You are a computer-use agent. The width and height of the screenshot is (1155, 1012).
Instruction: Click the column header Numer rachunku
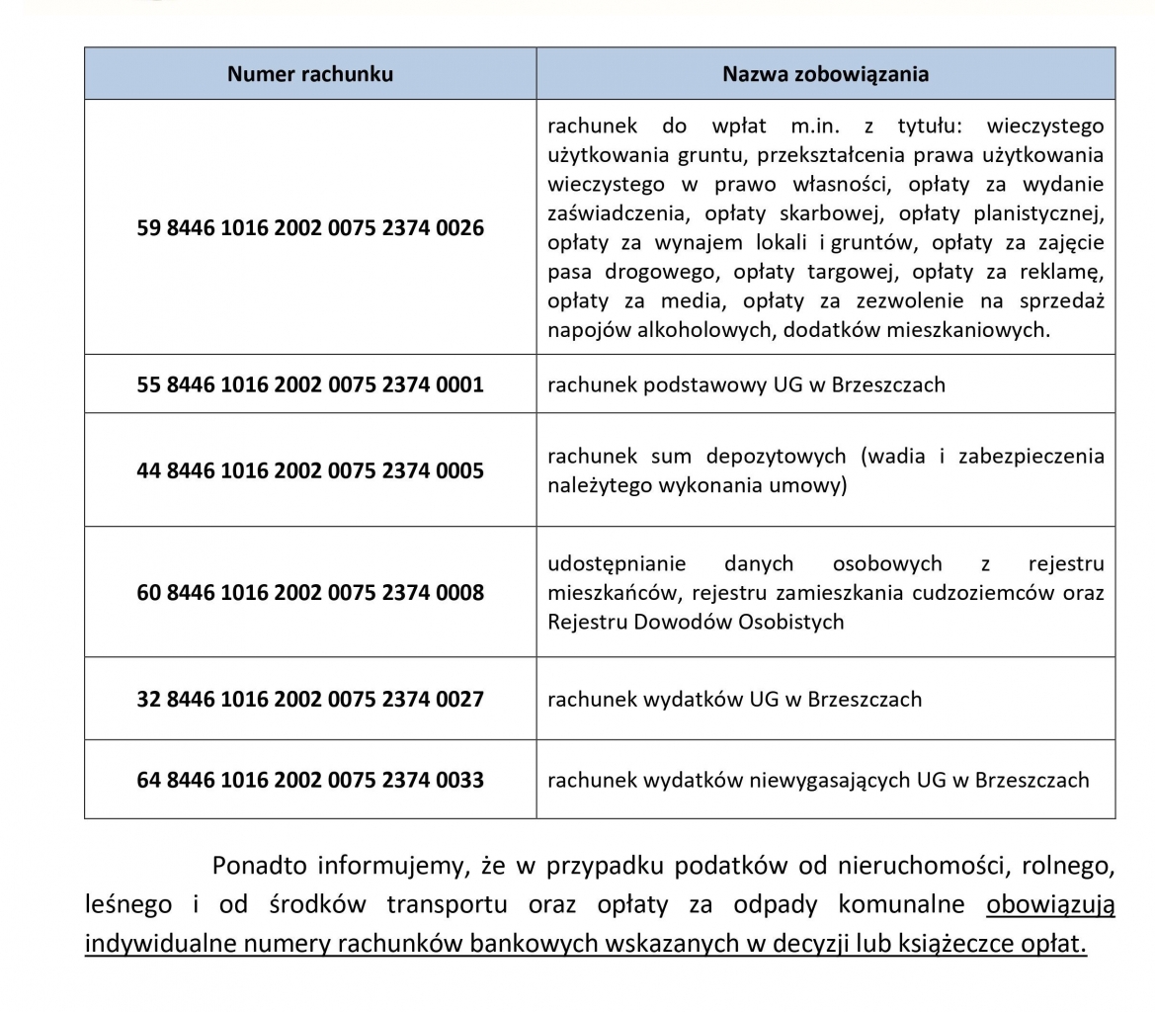(x=309, y=74)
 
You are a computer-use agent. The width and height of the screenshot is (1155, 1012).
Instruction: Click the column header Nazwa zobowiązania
(x=825, y=74)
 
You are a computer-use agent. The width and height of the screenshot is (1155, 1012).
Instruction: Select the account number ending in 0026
(x=309, y=228)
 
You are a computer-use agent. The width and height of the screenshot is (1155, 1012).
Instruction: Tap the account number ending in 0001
(x=309, y=384)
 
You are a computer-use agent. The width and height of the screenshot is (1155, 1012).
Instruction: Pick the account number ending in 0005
(x=309, y=470)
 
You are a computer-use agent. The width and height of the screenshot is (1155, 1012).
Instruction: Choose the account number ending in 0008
(x=309, y=593)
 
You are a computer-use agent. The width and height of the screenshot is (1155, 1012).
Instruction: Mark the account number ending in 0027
(x=309, y=700)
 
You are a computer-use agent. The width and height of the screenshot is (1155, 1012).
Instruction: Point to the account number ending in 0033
(x=309, y=781)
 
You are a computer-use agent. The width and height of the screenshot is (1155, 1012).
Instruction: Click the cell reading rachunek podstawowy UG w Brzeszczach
(x=746, y=384)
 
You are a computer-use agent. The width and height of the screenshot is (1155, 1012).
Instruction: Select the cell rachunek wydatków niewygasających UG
(x=818, y=781)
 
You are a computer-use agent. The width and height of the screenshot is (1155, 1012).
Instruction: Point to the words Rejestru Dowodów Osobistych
(x=696, y=623)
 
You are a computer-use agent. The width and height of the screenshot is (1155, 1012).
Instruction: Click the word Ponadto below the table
(x=259, y=867)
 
